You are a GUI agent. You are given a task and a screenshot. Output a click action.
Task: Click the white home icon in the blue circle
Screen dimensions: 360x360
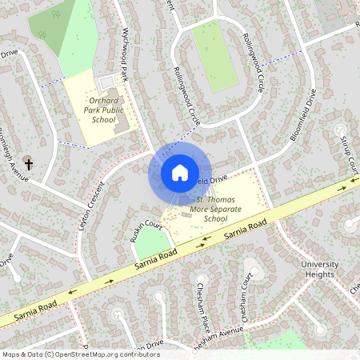[x=180, y=172]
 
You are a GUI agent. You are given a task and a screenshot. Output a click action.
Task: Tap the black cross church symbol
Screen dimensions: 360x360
[x=29, y=164]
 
